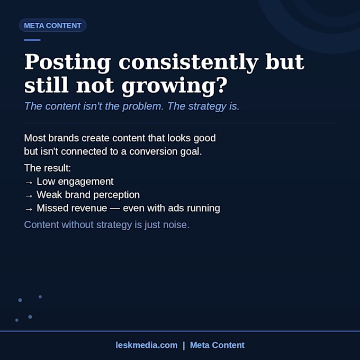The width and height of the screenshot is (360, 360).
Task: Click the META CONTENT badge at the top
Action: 52,25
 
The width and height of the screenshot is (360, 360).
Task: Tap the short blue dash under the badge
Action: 32,40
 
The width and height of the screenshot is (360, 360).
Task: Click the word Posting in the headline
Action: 68,62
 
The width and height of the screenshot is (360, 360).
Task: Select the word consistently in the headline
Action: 188,62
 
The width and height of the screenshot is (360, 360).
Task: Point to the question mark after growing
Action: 222,85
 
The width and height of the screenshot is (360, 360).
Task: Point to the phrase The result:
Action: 48,168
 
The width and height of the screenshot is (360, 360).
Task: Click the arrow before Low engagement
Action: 29,183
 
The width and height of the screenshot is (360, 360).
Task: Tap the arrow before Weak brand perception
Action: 29,196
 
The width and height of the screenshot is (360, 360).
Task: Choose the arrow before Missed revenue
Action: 29,210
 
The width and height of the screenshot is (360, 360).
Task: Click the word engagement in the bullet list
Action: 86,182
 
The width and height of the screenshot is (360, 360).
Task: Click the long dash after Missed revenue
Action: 115,209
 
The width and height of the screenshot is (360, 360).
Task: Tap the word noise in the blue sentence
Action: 176,225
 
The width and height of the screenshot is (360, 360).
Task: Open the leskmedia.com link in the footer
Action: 147,345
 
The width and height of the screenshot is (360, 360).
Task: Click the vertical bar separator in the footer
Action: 184,346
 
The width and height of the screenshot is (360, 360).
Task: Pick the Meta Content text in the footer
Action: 217,345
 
